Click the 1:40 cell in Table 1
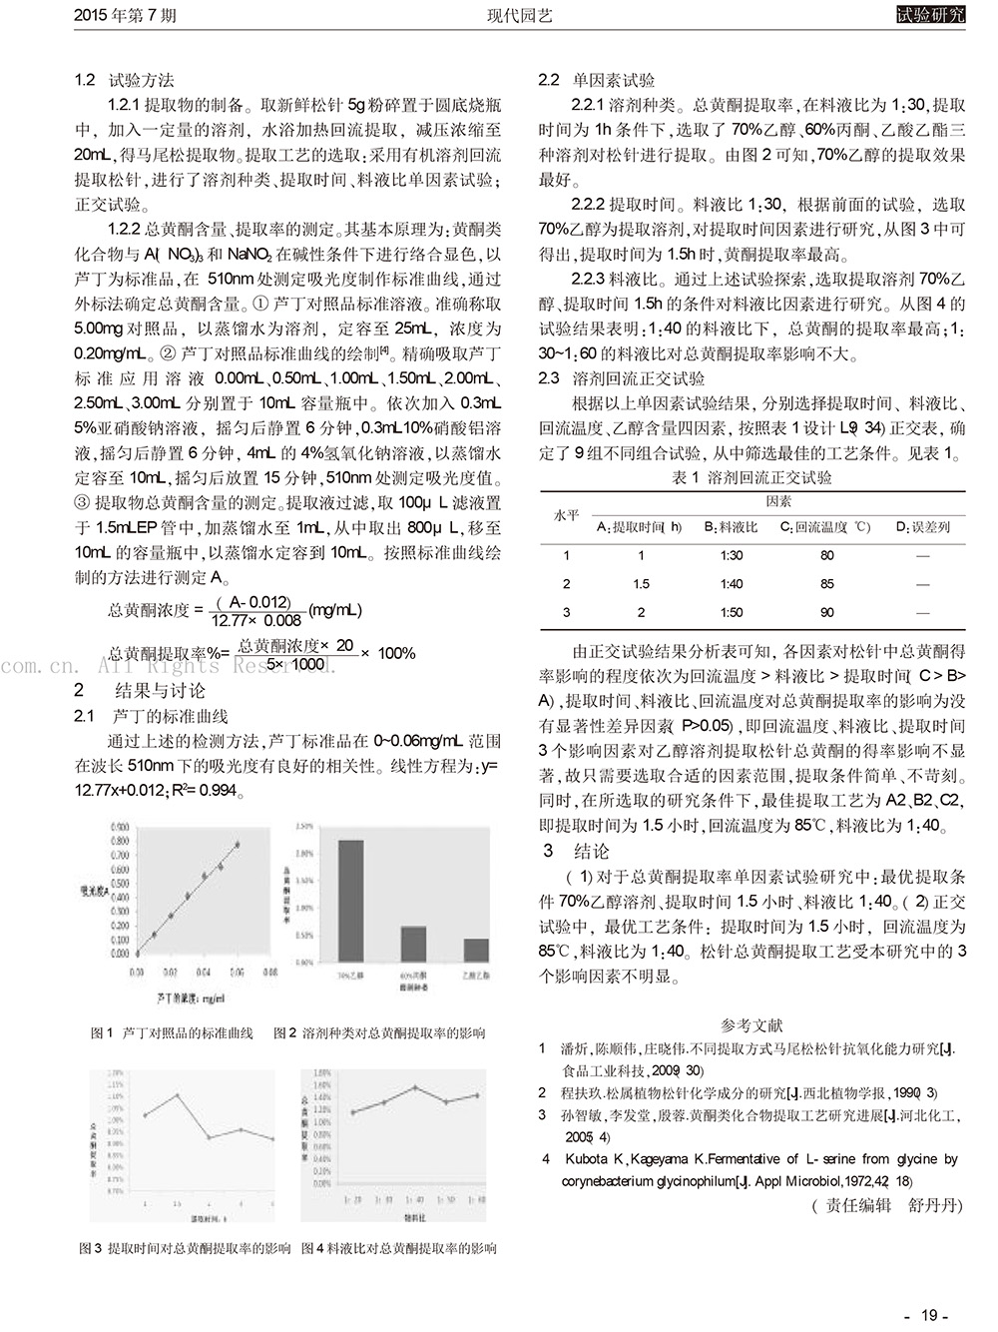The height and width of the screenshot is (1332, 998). point(731,584)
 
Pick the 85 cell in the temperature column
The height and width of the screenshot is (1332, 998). point(826,584)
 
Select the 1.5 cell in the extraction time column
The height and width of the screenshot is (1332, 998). point(641,584)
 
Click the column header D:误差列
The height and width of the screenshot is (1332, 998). point(922,527)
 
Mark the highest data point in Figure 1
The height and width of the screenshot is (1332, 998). point(238,844)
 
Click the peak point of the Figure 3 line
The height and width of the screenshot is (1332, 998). point(177,1095)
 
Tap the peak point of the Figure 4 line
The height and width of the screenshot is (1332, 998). point(415,1087)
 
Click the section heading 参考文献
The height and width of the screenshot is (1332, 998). point(751,1025)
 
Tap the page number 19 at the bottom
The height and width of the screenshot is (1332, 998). point(928,1315)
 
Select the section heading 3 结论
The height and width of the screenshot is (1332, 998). point(576,852)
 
